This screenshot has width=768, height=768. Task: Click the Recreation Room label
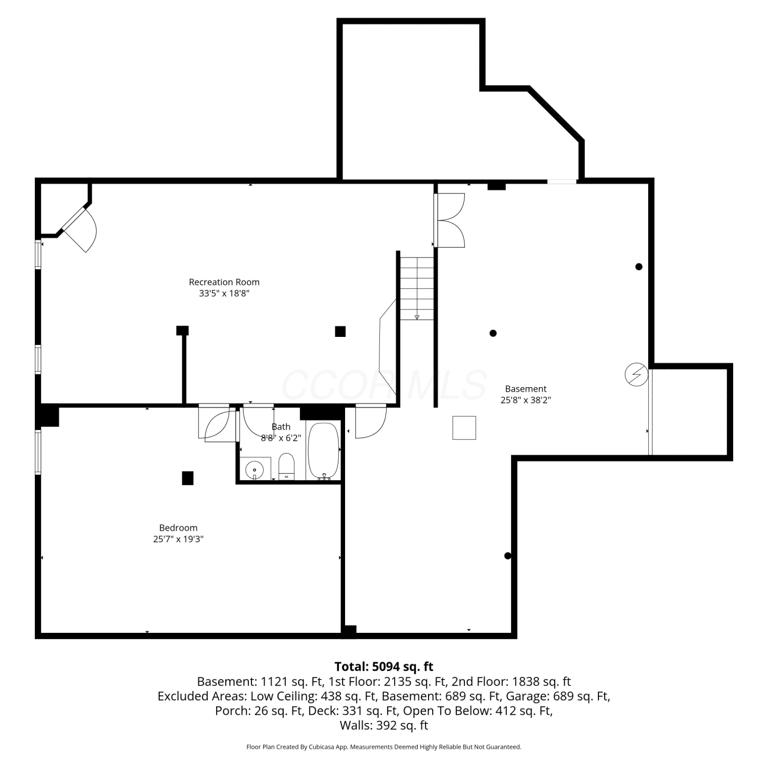coord(224,282)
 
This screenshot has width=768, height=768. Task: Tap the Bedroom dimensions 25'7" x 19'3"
coord(178,539)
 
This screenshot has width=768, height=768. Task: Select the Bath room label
coord(281,426)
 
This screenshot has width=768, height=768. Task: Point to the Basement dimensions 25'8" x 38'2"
coord(526,400)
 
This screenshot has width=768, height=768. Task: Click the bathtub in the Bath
coord(323,451)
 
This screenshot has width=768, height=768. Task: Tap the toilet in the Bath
coord(287,466)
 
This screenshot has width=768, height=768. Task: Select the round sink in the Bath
coord(254,469)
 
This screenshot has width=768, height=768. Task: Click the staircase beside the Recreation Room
coord(417,288)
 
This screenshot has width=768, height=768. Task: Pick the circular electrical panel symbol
coord(636,375)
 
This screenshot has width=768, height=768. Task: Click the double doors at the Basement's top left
coord(450,220)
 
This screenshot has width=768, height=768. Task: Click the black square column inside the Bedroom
coord(188,478)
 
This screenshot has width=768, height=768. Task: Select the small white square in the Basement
coord(464,428)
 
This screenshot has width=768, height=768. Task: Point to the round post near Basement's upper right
coord(639,266)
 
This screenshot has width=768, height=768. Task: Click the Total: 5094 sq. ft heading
coord(384,667)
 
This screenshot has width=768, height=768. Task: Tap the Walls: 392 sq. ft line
coord(384,726)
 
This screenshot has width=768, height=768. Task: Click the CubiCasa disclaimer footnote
coord(384,747)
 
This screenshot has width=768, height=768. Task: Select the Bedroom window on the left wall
coord(38,452)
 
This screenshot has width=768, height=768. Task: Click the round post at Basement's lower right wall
coord(508,556)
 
